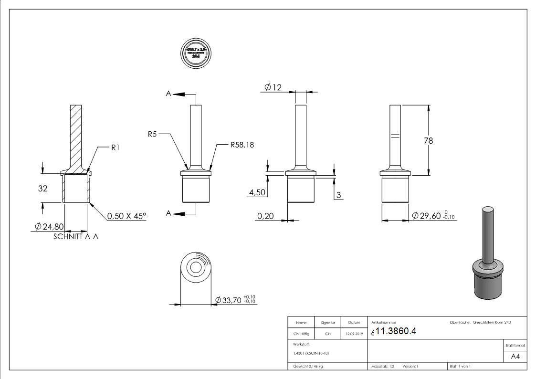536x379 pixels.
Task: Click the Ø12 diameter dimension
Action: pyautogui.click(x=273, y=87)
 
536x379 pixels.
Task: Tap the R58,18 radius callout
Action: pyautogui.click(x=242, y=145)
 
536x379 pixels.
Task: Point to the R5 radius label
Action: pyautogui.click(x=152, y=135)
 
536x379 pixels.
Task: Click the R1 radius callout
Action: pyautogui.click(x=115, y=148)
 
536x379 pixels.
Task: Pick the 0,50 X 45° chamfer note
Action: pyautogui.click(x=126, y=216)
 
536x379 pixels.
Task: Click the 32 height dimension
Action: pyautogui.click(x=43, y=189)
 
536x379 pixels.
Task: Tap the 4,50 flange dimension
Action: pyautogui.click(x=257, y=192)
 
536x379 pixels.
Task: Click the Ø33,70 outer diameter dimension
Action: pyautogui.click(x=233, y=300)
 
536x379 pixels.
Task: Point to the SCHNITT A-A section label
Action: pyautogui.click(x=76, y=236)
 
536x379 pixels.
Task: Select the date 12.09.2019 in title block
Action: pyautogui.click(x=354, y=334)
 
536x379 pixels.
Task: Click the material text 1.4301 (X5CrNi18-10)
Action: pyautogui.click(x=311, y=353)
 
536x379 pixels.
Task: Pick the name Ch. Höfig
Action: pyautogui.click(x=301, y=334)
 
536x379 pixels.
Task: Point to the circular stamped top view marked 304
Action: pyautogui.click(x=196, y=53)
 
